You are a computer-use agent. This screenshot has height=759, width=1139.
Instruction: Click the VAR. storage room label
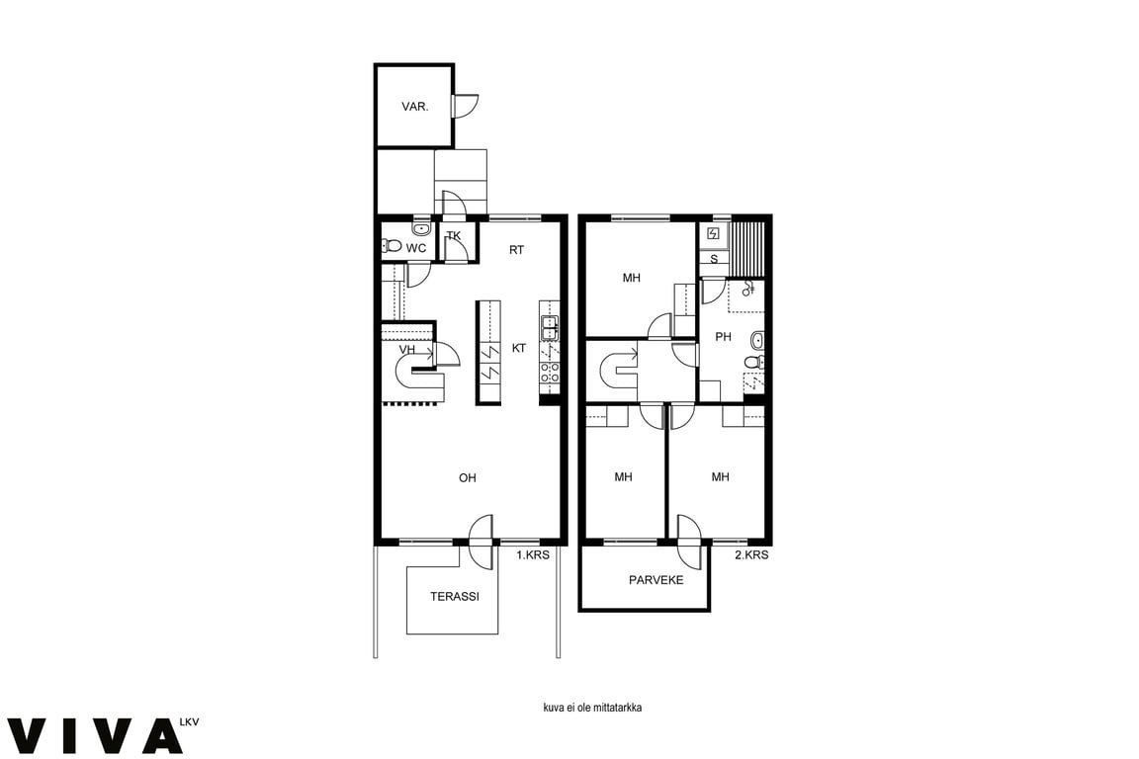coord(415,107)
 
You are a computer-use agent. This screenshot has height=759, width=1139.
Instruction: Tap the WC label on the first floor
coord(416,248)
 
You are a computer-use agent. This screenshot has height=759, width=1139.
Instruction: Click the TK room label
coord(454,235)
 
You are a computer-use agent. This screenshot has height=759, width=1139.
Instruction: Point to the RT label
coord(516,250)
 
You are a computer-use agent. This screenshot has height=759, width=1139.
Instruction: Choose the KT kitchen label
coord(519,349)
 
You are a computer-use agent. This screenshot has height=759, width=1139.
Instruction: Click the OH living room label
coord(467,478)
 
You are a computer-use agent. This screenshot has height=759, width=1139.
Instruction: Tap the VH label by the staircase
coord(406,350)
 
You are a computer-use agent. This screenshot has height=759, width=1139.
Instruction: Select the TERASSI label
coord(455,596)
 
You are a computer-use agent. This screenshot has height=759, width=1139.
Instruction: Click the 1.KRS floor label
coord(533,554)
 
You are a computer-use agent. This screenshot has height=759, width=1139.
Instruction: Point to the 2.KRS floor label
coord(751,554)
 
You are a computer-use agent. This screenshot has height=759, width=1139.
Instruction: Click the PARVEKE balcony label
coord(656,580)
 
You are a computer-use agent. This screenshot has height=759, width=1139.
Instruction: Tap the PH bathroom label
coord(723,337)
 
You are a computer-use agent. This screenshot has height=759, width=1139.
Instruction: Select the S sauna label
coord(714,259)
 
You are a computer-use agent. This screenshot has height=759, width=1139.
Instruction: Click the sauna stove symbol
coord(713,234)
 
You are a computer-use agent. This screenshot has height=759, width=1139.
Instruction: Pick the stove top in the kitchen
coord(549,373)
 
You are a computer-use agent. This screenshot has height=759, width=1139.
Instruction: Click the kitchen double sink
coord(549,329)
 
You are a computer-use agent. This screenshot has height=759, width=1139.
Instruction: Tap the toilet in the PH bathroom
coord(754,363)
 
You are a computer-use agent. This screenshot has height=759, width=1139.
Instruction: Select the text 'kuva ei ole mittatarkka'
coord(592,707)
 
